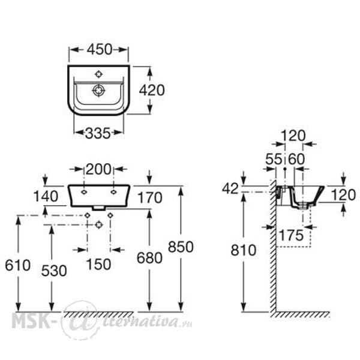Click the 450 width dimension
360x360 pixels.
coord(100,49)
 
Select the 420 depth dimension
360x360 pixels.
coord(152,90)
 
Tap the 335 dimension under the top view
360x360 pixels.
coord(98,133)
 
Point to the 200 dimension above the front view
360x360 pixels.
coord(98,170)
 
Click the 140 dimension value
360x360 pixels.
coord(46,197)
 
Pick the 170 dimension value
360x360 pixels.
coord(149,197)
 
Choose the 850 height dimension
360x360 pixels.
coord(181,247)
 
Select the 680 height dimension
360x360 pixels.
coord(149,258)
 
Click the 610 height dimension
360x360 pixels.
coord(17,265)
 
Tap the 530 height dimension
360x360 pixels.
coord(54,271)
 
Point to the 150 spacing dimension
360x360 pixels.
coord(98,264)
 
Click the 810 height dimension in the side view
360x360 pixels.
coord(244,250)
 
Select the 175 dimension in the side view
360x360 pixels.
coord(291,235)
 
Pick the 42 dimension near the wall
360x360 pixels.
coord(230,189)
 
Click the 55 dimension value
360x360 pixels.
coord(274,159)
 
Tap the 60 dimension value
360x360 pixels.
coord(296,159)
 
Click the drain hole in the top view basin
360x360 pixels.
coord(99,90)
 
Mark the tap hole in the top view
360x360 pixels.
coord(99,74)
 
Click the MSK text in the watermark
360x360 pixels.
coord(31,321)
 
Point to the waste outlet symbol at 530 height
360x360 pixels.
coord(99,225)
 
